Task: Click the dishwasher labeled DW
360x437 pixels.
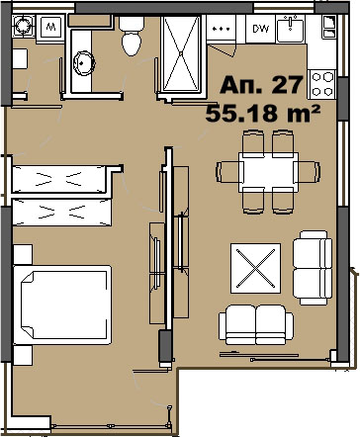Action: point(260,29)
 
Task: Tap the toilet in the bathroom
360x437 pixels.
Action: point(132,36)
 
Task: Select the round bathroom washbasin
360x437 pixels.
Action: point(84,63)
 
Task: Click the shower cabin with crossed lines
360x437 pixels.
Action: point(181,53)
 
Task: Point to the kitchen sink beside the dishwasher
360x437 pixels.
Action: point(290,29)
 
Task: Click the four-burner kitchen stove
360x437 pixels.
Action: point(321,84)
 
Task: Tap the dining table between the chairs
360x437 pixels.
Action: point(268,172)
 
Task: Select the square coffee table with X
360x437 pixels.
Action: point(255,268)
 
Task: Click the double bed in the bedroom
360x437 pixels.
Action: point(62,305)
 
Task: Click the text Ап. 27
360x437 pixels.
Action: point(261,84)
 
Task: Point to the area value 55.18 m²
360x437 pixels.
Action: point(263,113)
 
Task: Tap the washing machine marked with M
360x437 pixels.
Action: point(50,28)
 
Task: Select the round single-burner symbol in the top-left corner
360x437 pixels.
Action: point(23,25)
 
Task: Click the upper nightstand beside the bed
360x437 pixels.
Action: point(23,254)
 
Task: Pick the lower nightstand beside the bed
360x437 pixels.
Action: point(23,355)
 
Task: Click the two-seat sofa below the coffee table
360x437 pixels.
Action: point(256,325)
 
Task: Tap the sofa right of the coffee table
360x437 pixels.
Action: point(313,268)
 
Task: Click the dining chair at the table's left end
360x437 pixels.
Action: point(227,171)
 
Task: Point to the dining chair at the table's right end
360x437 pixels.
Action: point(309,171)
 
